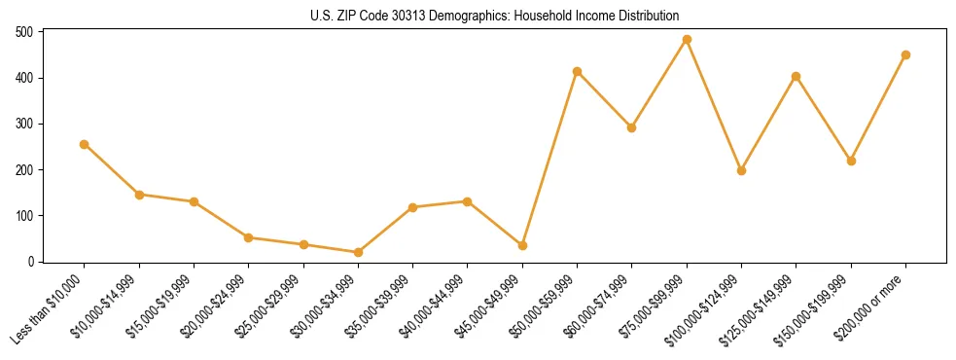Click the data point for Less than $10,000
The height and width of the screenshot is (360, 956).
(85, 144)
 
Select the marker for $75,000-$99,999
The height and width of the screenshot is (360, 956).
(687, 40)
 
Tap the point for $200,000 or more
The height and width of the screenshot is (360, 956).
(905, 55)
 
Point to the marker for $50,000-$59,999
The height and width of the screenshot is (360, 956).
(577, 71)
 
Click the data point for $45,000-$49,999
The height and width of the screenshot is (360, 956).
(522, 245)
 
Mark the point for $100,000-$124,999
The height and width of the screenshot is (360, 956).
(741, 170)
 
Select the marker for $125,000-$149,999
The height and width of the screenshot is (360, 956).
(797, 76)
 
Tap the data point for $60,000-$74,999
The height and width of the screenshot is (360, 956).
(631, 127)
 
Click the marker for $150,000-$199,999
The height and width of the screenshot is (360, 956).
(851, 161)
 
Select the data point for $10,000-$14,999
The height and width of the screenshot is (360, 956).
(139, 195)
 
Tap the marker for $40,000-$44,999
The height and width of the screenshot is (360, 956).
(468, 201)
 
